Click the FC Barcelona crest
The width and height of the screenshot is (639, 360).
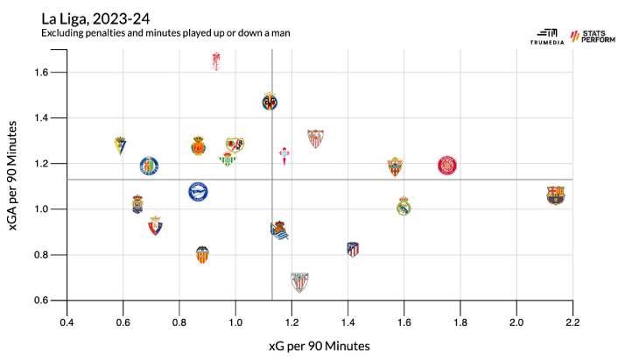pos(555,194)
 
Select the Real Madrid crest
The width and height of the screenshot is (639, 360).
pos(404,206)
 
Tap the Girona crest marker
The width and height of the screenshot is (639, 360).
pos(447,165)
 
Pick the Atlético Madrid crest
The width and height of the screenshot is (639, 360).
pos(353,249)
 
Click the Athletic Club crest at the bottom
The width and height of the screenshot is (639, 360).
pos(299,281)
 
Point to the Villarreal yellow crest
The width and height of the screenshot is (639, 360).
pos(270,102)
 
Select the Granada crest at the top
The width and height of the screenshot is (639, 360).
pos(217,60)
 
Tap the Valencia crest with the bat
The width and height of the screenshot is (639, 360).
pos(202,255)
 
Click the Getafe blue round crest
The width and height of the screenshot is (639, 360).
pos(150,165)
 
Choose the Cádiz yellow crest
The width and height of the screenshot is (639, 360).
pos(121,145)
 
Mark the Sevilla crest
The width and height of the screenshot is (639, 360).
pos(315,138)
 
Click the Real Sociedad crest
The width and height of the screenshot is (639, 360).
pos(279,230)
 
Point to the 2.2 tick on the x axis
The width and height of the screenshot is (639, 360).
pos(572,322)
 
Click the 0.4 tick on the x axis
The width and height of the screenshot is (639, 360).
pos(67,322)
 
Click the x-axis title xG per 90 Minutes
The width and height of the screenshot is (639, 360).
pos(319,345)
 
